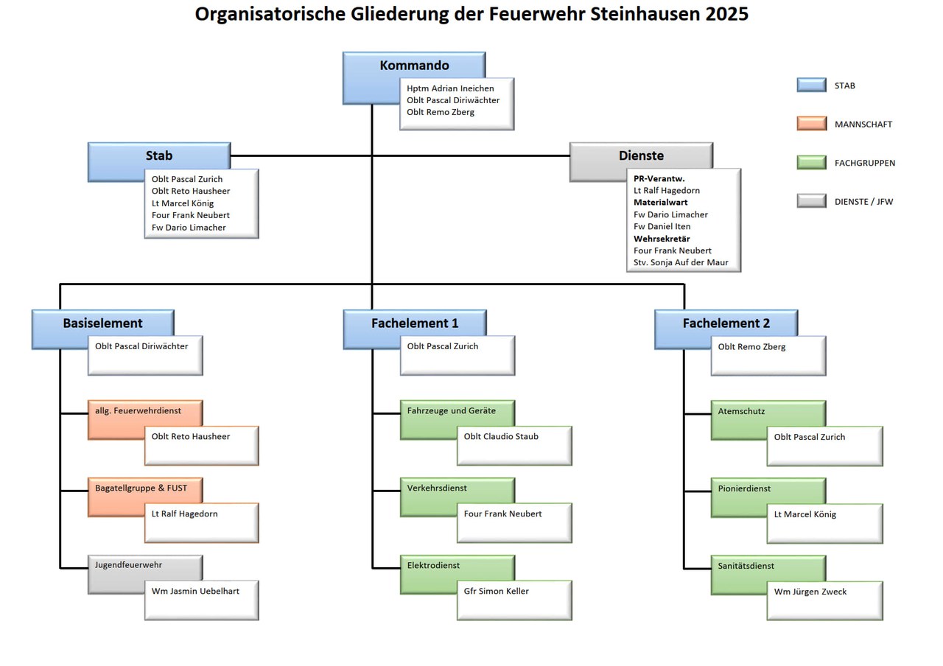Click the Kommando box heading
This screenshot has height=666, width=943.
pos(414,66)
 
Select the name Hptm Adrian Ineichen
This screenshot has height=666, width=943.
pos(450,88)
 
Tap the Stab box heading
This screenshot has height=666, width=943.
pos(159,155)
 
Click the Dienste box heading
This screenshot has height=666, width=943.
pos(641,155)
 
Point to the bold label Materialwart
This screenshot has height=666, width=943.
pos(661,202)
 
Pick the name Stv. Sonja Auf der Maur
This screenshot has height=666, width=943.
pos(681,262)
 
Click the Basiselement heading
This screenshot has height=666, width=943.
pos(102,323)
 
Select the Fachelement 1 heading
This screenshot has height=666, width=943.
pos(415,323)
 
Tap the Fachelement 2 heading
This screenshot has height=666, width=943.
pos(726,323)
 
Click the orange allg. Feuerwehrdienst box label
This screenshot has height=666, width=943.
pos(138,410)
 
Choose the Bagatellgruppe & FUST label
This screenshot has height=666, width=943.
pos(141,488)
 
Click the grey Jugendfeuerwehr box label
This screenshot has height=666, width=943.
pos(128,565)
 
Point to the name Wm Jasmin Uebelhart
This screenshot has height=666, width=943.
pos(195,591)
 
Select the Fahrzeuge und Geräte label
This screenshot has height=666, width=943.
pos(452,410)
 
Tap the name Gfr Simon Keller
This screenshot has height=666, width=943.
pos(497,591)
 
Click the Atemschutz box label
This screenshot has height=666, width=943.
pos(741,411)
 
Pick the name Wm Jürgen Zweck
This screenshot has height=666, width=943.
pos(810,592)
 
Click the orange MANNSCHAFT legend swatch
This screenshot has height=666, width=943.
pos(812,124)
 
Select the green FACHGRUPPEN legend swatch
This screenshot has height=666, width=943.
pos(812,163)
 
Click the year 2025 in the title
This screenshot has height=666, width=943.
pos(726,14)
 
